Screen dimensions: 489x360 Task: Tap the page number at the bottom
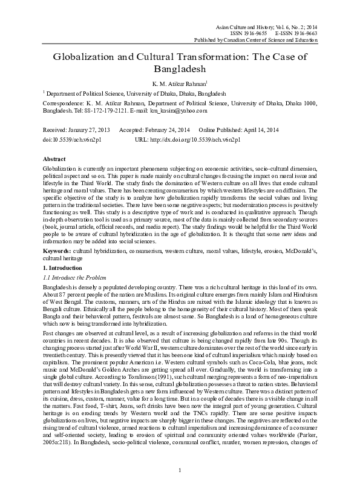pos(180,470)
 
